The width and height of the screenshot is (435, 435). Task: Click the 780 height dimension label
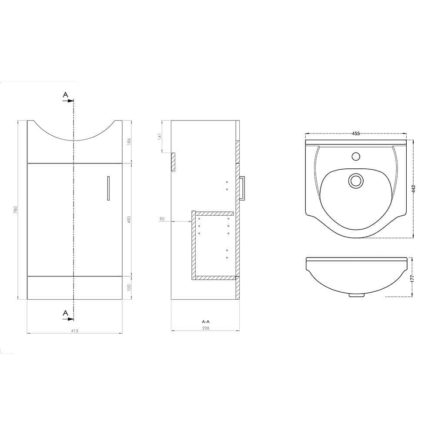point(16,210)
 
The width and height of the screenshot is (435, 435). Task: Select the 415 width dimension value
point(74,331)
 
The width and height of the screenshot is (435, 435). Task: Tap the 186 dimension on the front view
point(129,141)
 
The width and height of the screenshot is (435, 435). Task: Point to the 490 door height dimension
point(129,219)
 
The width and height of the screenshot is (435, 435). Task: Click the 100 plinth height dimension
point(129,288)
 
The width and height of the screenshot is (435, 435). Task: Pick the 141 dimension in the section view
point(160,136)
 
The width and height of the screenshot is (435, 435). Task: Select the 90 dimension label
point(162,219)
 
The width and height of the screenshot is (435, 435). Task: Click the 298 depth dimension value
point(206,328)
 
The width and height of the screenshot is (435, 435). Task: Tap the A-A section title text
point(206,321)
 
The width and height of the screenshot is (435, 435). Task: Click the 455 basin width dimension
point(356,134)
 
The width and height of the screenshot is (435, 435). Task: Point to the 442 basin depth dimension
point(414,188)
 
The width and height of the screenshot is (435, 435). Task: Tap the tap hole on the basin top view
point(356,155)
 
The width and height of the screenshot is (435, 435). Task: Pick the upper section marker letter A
point(65,94)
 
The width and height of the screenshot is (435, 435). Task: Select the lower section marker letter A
point(65,312)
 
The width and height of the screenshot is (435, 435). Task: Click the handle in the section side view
point(243,187)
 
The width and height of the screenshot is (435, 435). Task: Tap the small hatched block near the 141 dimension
point(173,162)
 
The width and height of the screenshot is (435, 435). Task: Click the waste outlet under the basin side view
point(357,295)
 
